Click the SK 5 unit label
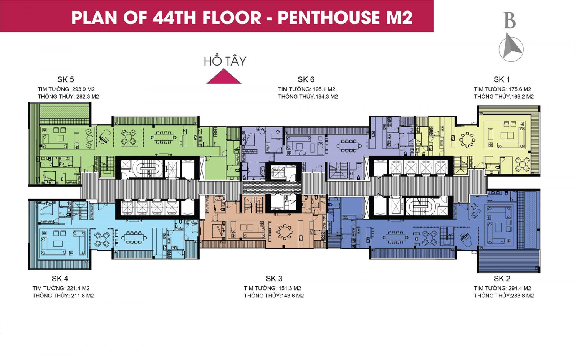[66, 79]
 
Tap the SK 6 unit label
[306, 79]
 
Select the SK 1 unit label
[502, 79]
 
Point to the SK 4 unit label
[60, 279]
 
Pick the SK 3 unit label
[274, 279]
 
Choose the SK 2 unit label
[502, 279]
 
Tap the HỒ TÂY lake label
[225, 61]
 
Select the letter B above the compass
[510, 21]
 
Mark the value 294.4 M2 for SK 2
[520, 288]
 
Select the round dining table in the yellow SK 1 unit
[467, 140]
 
